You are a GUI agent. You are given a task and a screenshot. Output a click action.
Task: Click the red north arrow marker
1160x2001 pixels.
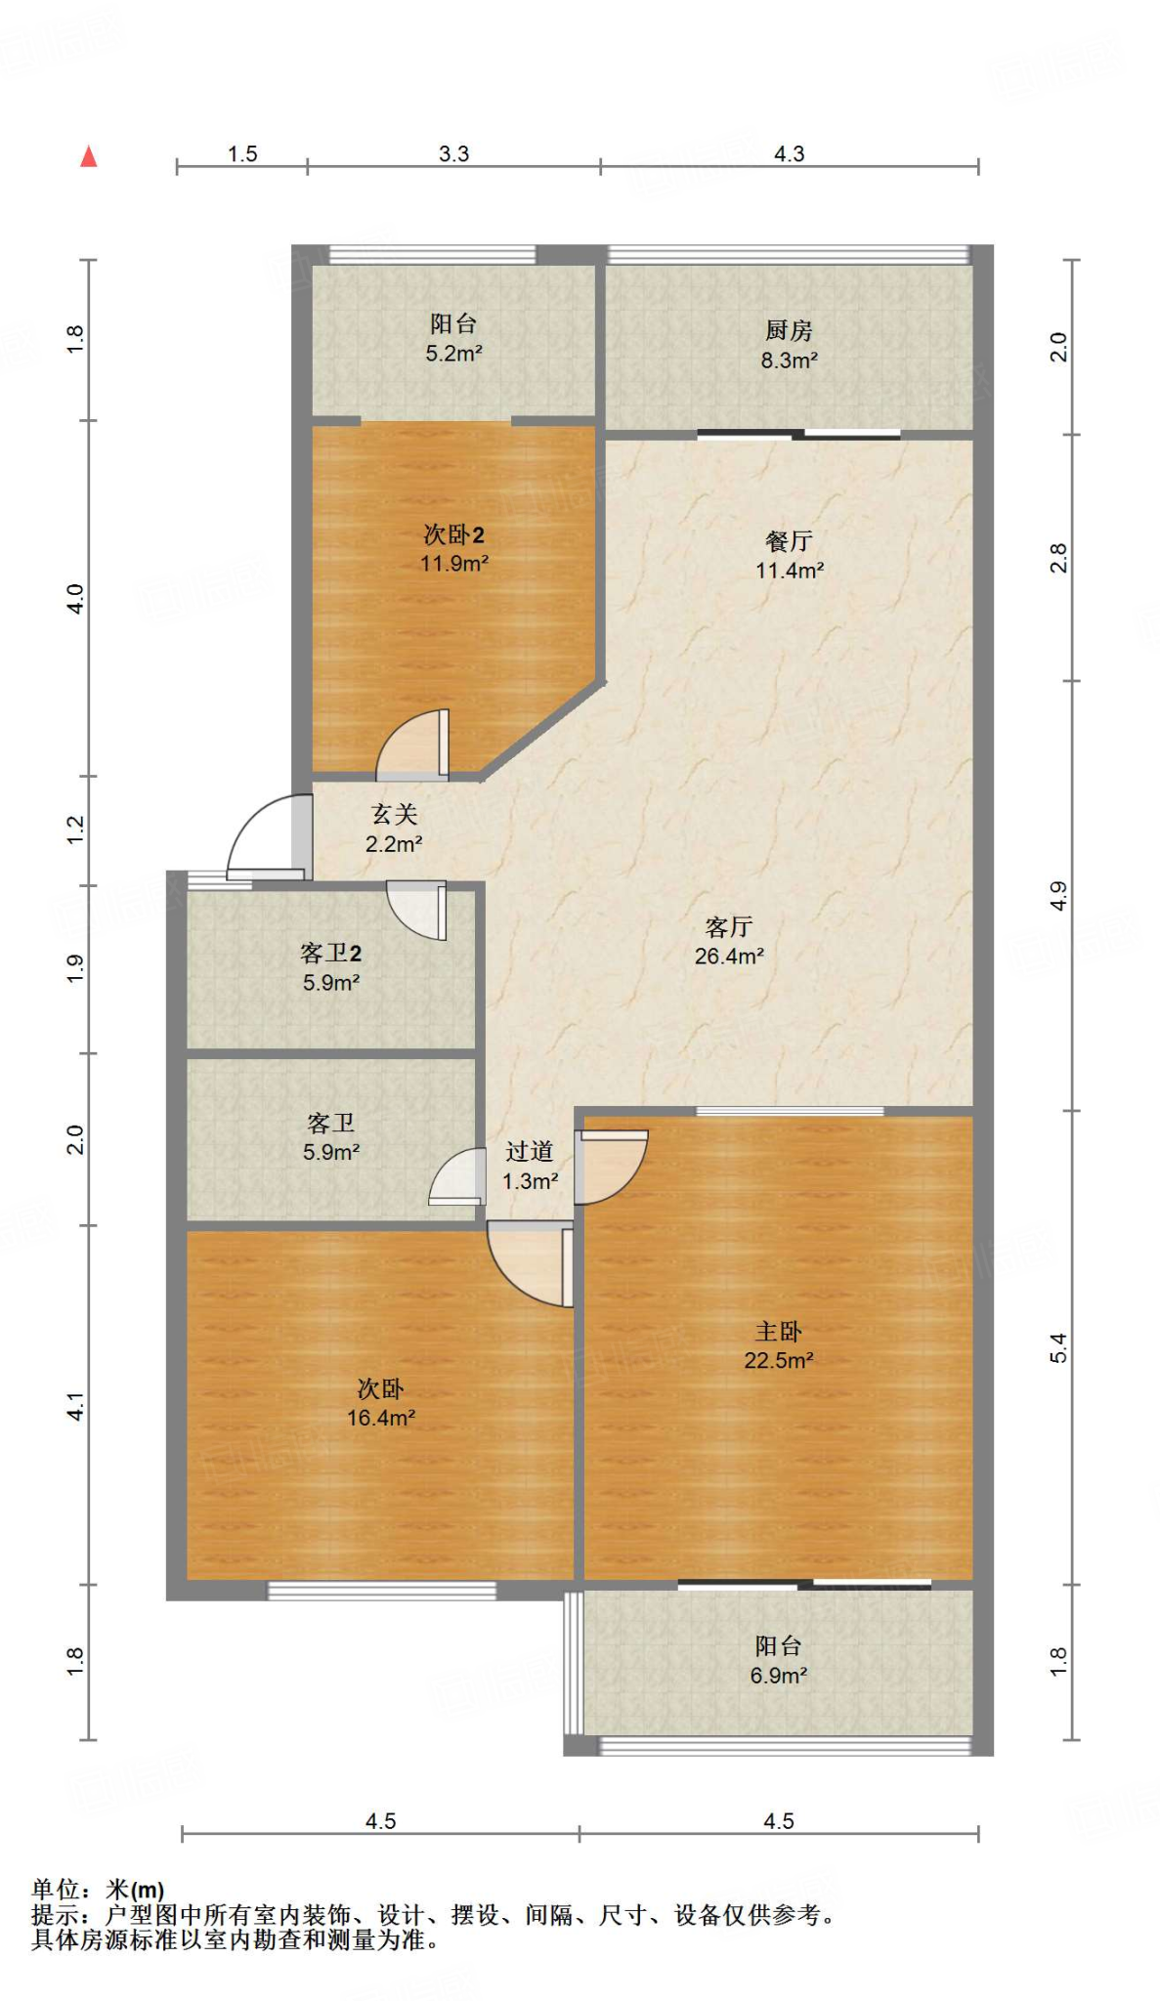pos(89,156)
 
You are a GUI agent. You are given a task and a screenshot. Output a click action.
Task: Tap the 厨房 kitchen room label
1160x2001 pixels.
pos(789,330)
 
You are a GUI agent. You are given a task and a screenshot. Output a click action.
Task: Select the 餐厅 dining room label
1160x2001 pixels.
pos(789,540)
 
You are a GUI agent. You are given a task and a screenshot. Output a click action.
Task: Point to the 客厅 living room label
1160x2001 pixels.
pos(729,926)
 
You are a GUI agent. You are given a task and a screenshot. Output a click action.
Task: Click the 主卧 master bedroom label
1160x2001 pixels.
pos(779,1331)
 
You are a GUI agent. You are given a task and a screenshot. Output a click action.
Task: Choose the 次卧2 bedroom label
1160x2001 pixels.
pos(453,534)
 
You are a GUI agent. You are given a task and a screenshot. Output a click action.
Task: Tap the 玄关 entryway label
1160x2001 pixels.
pos(394,814)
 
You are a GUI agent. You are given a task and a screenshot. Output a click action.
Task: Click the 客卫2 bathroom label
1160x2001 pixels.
pos(330,954)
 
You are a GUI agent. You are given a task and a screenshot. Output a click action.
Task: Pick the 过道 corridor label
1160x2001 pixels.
pos(530,1152)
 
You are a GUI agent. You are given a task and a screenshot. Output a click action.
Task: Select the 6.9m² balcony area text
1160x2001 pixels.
pos(779,1676)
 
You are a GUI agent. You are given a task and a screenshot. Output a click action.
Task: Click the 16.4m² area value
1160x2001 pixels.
pos(381,1418)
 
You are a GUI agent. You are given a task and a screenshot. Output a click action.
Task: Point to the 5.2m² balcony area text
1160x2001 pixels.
pos(453,354)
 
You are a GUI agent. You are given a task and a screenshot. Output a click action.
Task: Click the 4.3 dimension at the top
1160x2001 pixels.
pos(789,154)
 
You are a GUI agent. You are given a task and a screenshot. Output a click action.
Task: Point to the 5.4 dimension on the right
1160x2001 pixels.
pos(1059,1348)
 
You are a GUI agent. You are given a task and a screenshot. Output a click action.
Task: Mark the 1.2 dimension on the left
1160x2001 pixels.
pos(75,830)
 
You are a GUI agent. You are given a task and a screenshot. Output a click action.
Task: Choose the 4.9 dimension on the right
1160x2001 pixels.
pos(1059,896)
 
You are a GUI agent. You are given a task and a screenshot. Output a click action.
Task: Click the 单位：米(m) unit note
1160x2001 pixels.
pos(98,1891)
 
